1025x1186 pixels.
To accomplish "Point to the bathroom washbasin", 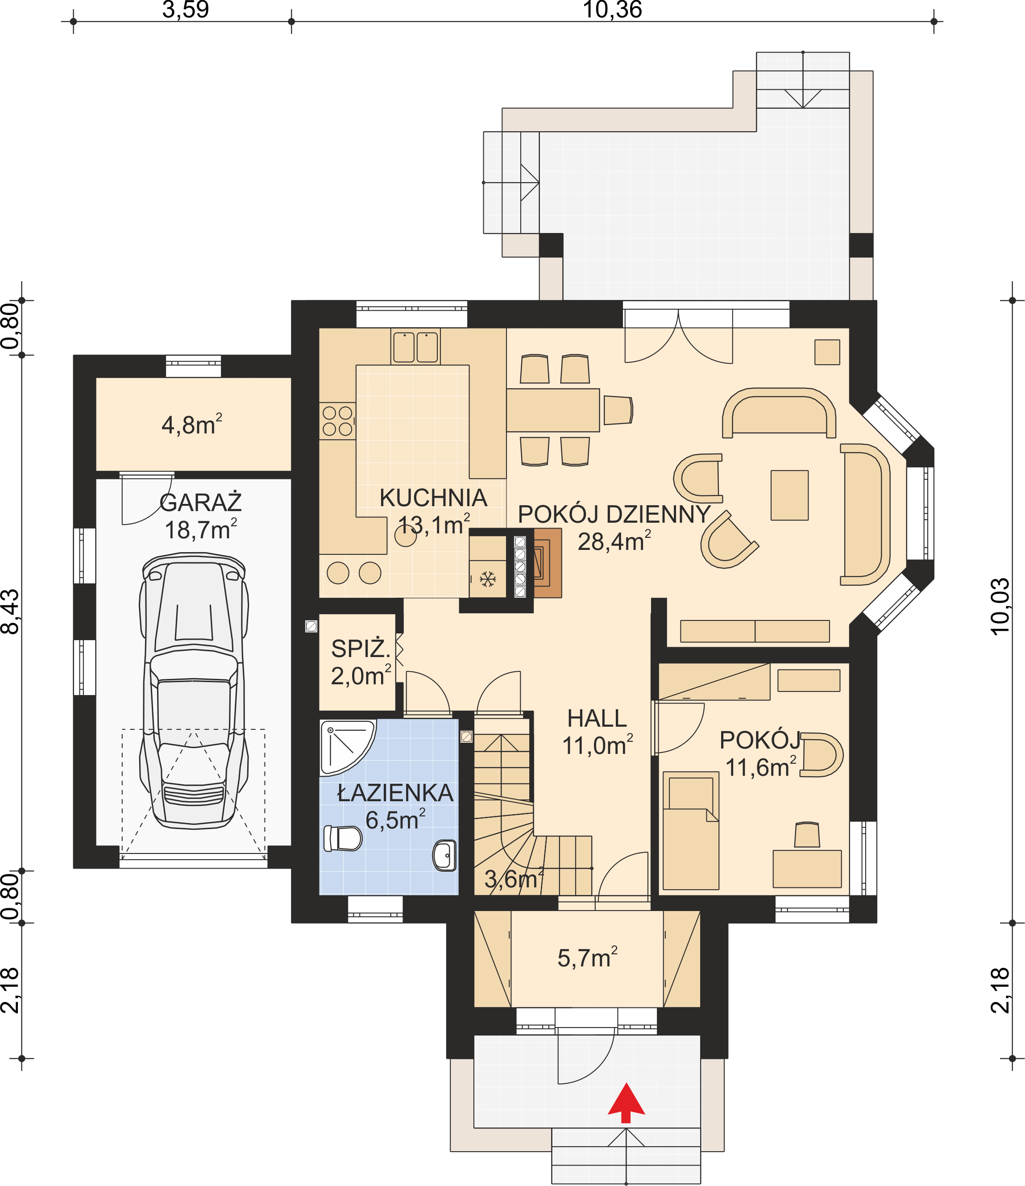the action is pos(444,855).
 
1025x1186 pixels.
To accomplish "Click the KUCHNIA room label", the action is pos(433,498).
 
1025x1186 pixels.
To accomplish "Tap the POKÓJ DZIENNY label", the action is pos(614,515).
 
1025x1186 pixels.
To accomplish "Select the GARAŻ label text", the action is pos(200,502).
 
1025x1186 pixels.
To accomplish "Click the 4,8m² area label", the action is pos(192,424).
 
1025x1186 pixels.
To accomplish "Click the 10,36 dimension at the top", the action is pos(612,10).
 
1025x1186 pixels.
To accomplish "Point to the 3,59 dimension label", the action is pos(186,10).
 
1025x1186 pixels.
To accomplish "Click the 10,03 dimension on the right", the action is pos(1000,607).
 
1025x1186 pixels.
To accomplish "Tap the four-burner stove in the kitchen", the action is pos(338,421).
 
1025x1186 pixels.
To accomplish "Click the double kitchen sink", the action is pos(415,347).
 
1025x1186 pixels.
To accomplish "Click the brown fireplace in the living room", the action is pos(547,563).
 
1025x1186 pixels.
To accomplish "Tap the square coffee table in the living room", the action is pos(789,495).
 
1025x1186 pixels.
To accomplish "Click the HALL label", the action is pos(597,718).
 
